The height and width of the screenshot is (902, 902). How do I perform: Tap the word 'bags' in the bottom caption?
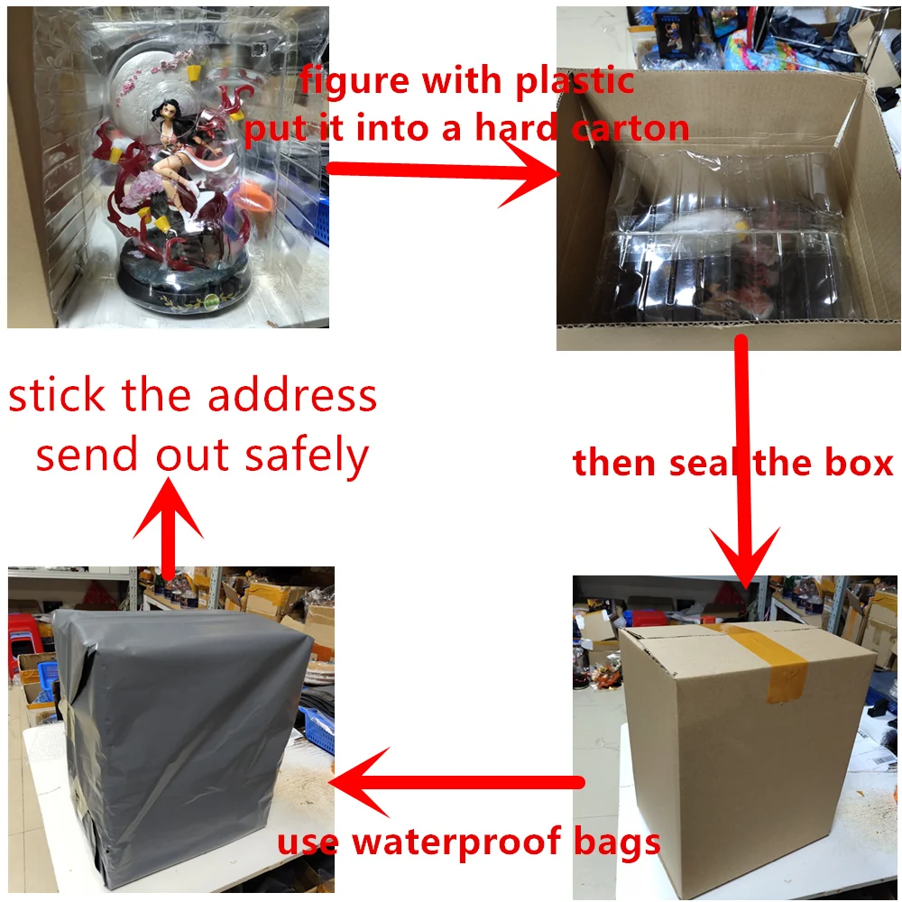tap(619, 842)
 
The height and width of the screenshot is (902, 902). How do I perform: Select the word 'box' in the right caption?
tap(856, 463)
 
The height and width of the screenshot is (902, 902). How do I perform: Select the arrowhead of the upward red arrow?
tap(168, 510)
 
